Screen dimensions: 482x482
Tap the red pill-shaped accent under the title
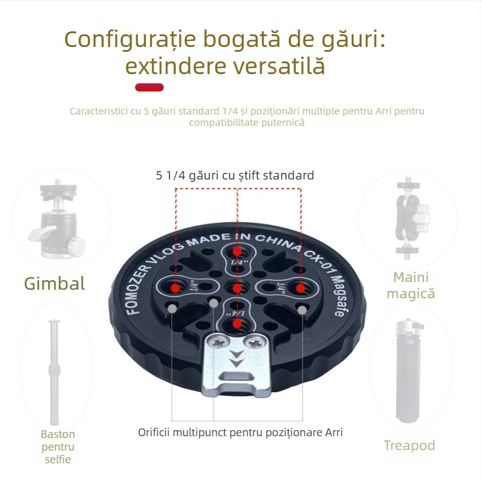pos(149,87)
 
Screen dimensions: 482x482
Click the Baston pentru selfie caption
pos(58,446)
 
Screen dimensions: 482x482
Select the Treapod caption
pos(410,445)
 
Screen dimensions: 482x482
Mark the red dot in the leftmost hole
pos(175,288)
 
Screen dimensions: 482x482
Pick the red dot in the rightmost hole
pos(299,288)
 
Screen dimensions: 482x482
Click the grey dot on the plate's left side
pos(173,308)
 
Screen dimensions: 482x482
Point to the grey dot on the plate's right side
pos(302,309)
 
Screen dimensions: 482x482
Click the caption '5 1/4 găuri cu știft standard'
pos(235,175)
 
